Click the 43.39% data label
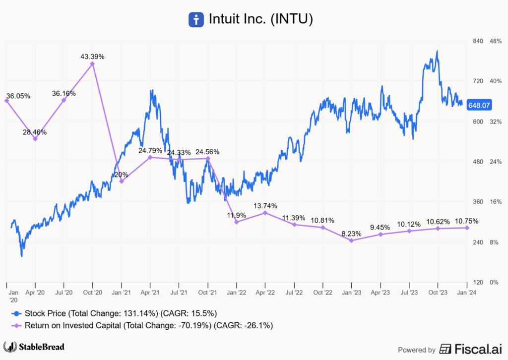tap(92, 57)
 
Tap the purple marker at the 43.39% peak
tap(92, 63)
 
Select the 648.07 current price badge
tap(479, 106)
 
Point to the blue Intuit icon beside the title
tap(196, 20)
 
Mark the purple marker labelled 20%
tap(122, 181)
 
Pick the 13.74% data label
tap(265, 206)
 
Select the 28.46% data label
tap(35, 132)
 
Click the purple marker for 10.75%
tap(467, 228)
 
